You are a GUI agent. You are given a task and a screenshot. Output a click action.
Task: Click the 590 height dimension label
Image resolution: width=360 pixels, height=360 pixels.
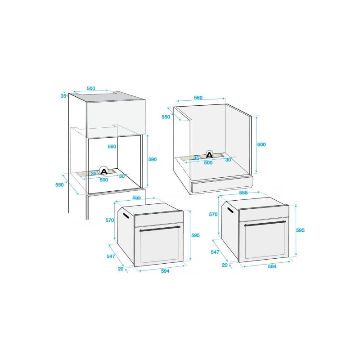point(153,159)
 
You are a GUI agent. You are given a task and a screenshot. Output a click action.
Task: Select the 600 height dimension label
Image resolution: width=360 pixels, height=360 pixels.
point(261,144)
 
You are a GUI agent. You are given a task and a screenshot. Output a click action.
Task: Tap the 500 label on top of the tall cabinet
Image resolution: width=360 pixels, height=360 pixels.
point(91,88)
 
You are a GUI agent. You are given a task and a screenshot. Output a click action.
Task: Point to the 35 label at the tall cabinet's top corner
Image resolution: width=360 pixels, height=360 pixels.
point(63,96)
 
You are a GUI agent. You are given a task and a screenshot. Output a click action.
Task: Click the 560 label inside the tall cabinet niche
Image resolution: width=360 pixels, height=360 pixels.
point(112,147)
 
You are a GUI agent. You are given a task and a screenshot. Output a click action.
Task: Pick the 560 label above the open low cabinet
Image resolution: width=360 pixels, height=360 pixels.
point(198,98)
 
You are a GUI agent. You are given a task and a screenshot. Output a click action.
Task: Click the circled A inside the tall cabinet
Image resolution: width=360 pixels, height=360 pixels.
point(104,171)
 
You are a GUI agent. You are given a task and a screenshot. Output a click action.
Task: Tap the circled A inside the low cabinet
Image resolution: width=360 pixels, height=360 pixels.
point(209,155)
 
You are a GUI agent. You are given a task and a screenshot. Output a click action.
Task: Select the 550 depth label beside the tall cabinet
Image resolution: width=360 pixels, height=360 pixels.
point(59,185)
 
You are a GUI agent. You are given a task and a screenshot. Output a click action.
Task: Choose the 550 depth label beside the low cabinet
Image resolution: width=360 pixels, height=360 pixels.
point(166,117)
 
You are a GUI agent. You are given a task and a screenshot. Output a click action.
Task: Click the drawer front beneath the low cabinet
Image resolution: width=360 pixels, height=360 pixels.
point(222,185)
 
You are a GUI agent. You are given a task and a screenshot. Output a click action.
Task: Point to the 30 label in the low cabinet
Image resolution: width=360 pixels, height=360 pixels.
point(228,160)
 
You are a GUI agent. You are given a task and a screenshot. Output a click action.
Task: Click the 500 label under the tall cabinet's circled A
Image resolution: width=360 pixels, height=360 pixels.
point(104,180)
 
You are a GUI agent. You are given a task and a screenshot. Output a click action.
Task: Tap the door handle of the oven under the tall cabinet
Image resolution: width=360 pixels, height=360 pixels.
point(160,229)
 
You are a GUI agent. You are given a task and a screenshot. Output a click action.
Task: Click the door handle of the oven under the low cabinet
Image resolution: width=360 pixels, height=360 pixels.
point(265,223)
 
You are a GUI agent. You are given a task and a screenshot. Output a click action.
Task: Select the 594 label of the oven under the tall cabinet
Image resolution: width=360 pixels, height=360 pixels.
point(165,271)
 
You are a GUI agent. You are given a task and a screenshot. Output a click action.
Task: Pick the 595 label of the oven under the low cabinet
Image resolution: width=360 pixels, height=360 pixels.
point(300,230)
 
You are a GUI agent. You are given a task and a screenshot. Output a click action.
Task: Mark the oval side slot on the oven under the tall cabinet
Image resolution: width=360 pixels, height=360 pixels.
point(126,216)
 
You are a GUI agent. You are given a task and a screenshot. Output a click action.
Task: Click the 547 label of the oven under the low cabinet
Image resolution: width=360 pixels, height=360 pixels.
point(215,252)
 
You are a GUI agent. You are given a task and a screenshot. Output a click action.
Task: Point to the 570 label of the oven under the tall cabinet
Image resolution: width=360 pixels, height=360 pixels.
point(110,220)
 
